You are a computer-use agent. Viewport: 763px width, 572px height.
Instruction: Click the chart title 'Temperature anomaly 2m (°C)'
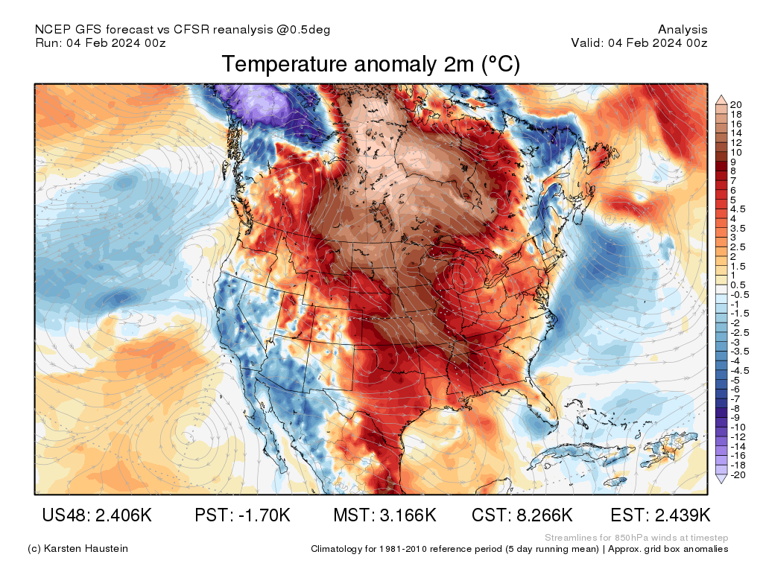coord(370,65)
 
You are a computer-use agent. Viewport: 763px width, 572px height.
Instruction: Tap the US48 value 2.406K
coord(97,515)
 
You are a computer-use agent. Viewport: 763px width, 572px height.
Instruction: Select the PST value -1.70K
coord(241,515)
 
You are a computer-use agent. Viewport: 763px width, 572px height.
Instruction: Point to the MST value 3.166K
coord(384,515)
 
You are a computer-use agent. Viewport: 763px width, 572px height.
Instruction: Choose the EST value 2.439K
coord(660,515)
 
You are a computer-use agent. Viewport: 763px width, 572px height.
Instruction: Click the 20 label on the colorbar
coord(736,104)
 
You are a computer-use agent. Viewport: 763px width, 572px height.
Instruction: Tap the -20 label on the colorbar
coord(738,474)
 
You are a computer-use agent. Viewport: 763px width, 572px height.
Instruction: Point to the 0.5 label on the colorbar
coord(738,285)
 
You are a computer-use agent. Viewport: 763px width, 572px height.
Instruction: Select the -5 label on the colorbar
coord(735,379)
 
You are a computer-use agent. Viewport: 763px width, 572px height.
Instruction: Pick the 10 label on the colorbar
coord(736,152)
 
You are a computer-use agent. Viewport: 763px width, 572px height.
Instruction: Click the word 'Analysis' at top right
coord(683,30)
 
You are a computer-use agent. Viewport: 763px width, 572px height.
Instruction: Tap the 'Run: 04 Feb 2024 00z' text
coord(100,42)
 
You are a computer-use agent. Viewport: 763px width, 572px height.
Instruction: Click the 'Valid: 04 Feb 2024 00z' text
coord(639,42)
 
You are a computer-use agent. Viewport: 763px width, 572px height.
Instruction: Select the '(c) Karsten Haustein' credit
coord(77,549)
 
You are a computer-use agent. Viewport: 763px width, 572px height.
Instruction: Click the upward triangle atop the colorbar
coord(721,98)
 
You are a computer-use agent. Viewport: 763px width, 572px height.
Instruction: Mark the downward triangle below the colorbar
coord(721,480)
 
